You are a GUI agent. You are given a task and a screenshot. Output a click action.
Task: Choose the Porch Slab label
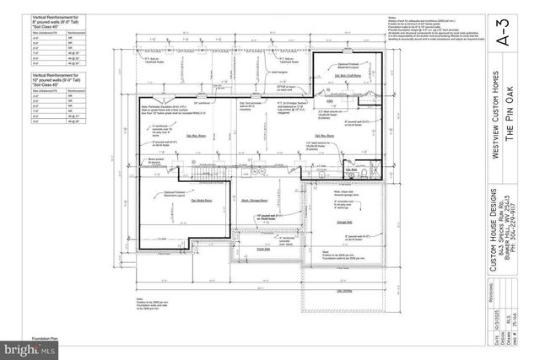click(262, 249)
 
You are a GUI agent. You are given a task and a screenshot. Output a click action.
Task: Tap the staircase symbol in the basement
click(197, 173)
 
